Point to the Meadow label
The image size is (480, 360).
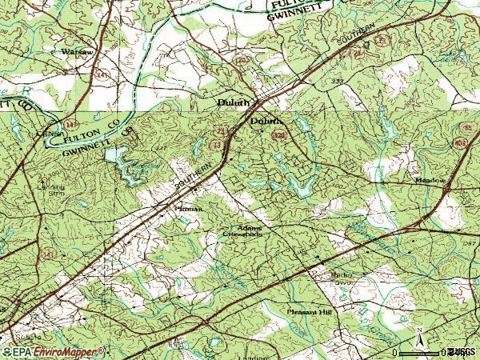(430, 181)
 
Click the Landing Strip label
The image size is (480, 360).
(30, 189)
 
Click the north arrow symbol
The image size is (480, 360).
(418, 339)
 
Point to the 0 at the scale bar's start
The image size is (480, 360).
(394, 352)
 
